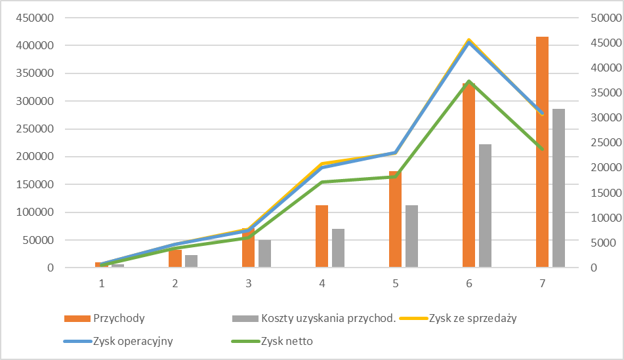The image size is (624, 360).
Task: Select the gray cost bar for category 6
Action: click(485, 206)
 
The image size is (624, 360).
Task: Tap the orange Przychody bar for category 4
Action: click(322, 237)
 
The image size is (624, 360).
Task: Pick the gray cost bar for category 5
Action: click(411, 237)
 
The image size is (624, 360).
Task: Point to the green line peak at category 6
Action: click(469, 82)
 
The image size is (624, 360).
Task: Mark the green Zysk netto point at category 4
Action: click(322, 182)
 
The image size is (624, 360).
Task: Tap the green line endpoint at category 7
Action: click(542, 150)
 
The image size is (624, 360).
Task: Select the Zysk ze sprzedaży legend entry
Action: click(472, 319)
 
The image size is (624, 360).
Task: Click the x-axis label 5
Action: click(396, 284)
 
